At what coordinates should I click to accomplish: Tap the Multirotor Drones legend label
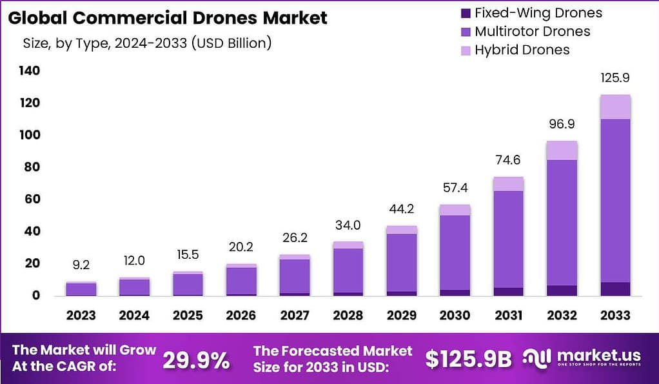pyautogui.click(x=532, y=31)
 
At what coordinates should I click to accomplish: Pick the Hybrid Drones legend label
pyautogui.click(x=522, y=50)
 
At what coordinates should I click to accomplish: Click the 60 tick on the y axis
pyautogui.click(x=32, y=199)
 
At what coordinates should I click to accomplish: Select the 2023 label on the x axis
pyautogui.click(x=81, y=316)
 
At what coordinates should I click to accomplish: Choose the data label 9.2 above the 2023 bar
pyautogui.click(x=81, y=264)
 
